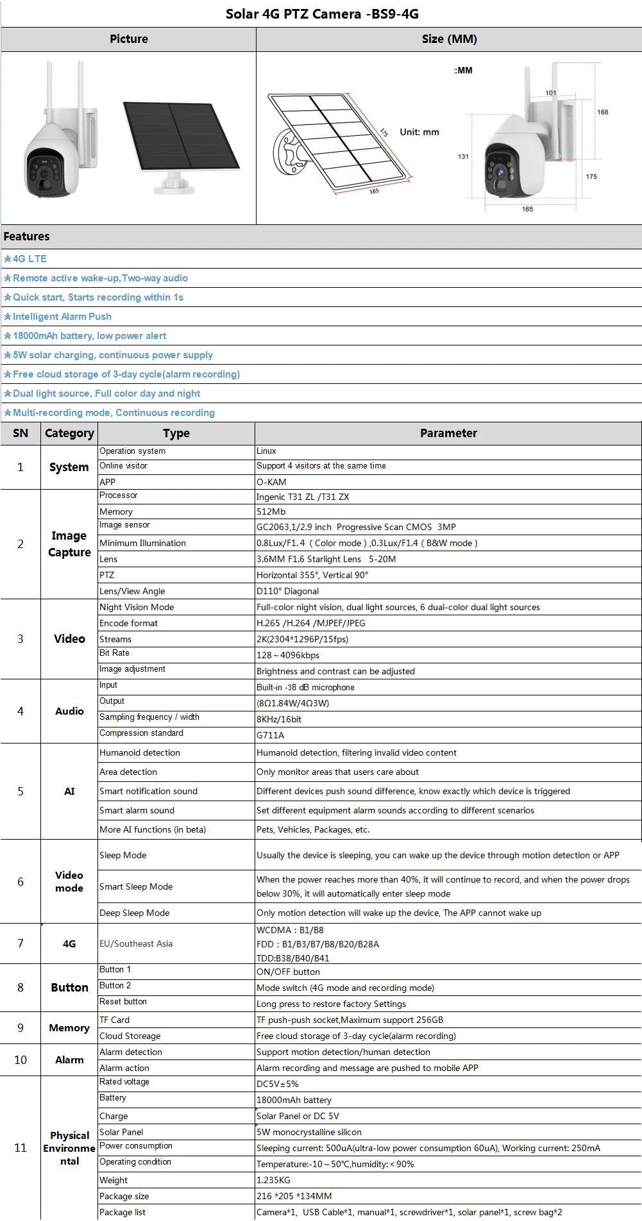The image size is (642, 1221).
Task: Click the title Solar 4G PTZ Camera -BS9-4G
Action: pos(322,13)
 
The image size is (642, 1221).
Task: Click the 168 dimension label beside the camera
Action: pos(602,112)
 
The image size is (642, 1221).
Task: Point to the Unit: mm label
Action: pos(419,132)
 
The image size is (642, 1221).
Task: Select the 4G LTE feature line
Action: pos(30,259)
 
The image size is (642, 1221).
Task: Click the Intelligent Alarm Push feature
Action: pos(62,317)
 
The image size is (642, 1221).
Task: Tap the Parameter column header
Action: pos(448,433)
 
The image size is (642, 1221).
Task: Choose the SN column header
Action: pos(21,433)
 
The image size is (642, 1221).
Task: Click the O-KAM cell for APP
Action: pos(271,482)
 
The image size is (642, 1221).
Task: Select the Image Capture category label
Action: pos(69,544)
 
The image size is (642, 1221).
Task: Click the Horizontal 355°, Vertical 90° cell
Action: pos(312,575)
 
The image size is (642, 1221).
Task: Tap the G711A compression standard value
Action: pos(270,735)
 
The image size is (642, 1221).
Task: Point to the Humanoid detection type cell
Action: pos(140,752)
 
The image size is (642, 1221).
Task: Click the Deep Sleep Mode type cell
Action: pos(135,913)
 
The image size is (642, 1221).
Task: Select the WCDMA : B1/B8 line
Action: pos(290,930)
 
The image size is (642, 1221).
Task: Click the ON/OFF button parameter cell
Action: pos(288,972)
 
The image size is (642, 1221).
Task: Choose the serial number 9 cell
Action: pos(21,1027)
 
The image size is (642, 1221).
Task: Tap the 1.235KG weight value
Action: pos(273,1180)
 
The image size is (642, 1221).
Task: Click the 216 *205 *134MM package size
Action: pos(294,1196)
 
